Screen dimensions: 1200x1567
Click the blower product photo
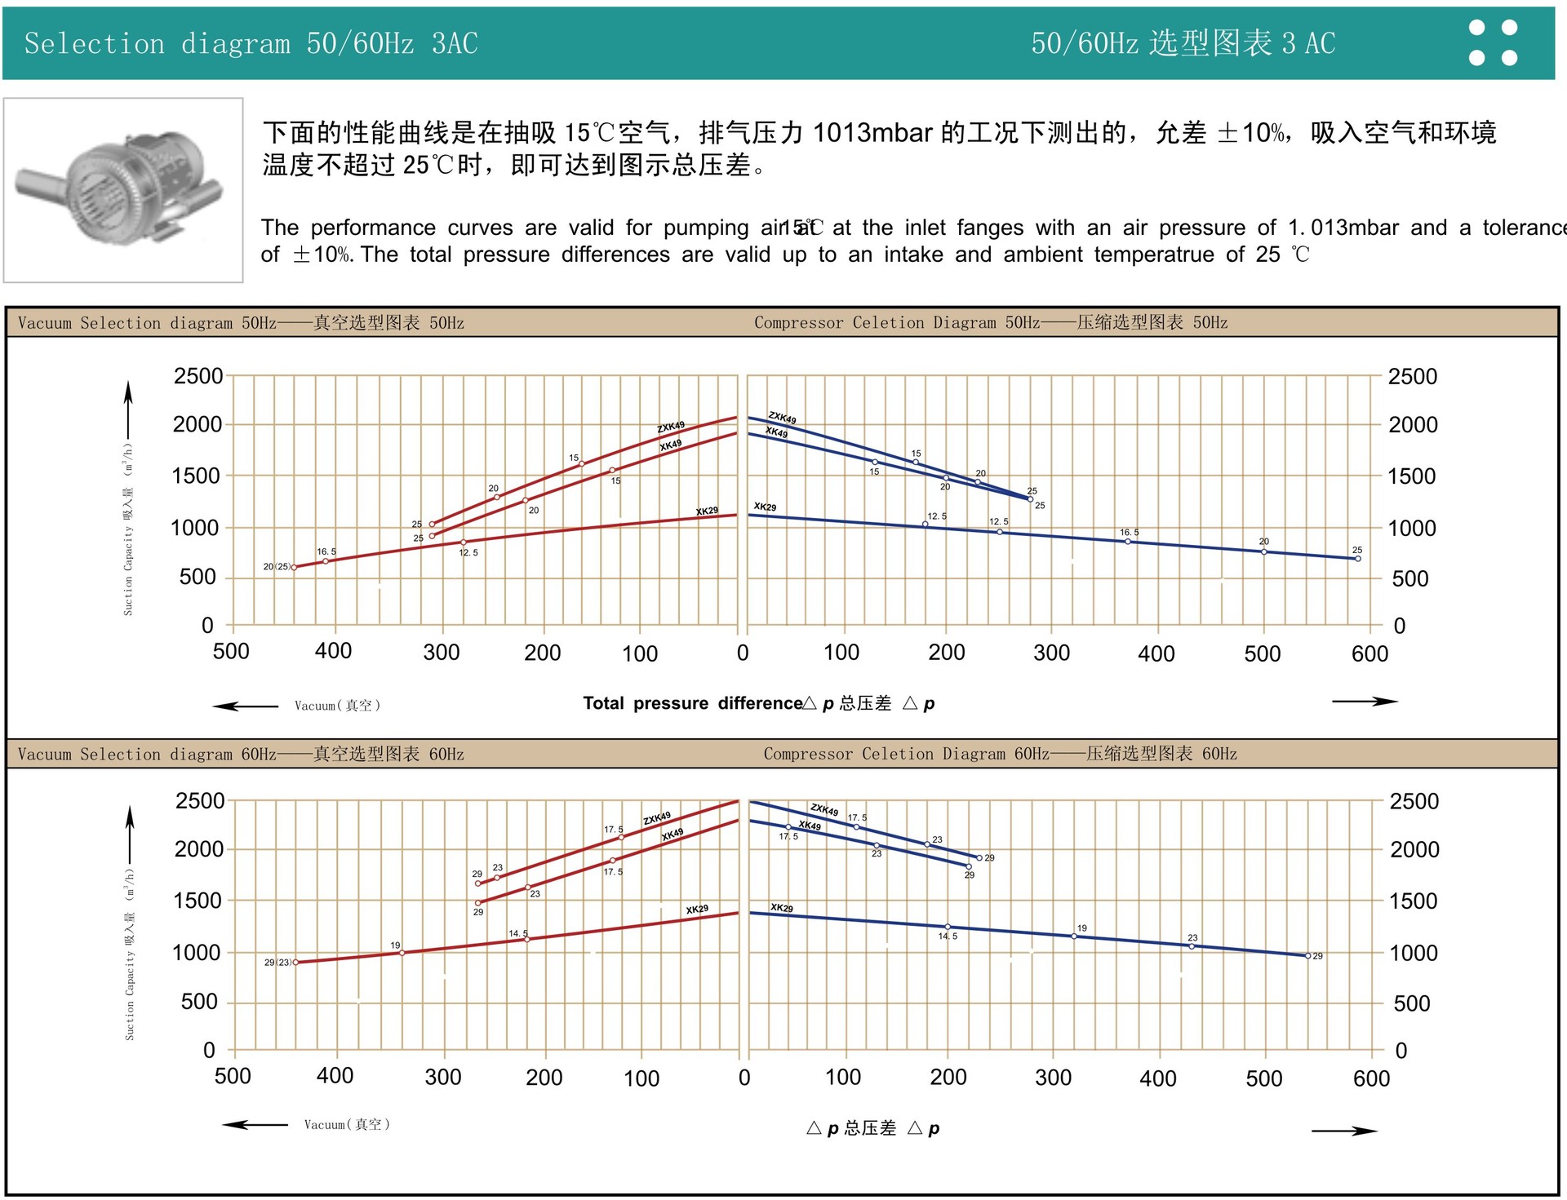(123, 189)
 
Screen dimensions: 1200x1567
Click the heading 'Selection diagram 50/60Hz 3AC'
(251, 43)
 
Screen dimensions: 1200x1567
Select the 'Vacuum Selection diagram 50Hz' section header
(241, 323)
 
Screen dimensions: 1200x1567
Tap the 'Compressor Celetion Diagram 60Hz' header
(1000, 754)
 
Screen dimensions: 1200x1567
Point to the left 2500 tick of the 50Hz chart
(198, 377)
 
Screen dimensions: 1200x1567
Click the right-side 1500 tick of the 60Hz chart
(1414, 901)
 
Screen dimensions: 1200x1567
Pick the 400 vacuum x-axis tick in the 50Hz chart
(333, 651)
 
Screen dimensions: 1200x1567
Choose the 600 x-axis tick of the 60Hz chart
(1371, 1078)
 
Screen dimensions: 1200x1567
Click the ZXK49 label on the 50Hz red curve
(671, 427)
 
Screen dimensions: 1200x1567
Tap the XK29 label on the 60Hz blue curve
(781, 908)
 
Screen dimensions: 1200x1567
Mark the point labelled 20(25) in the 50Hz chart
(295, 567)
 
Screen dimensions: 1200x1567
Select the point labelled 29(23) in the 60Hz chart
(295, 963)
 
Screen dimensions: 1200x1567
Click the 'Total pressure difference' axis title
(693, 703)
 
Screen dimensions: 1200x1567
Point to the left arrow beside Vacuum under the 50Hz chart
(245, 706)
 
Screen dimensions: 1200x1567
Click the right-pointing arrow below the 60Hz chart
(1344, 1131)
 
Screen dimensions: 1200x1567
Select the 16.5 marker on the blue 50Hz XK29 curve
(1128, 542)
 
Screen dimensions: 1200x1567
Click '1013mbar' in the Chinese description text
(872, 132)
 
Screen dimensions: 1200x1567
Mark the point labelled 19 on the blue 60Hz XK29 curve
(1074, 937)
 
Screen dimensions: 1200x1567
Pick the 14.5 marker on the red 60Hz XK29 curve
(526, 940)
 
